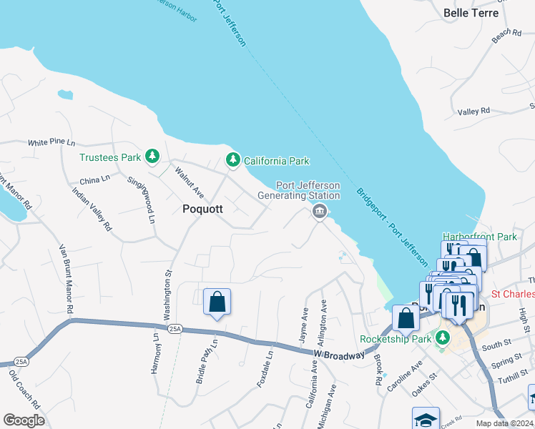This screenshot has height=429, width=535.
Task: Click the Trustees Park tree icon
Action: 152,157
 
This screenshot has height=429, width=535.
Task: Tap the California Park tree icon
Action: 232,160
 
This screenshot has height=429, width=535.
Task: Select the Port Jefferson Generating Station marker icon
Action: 319,211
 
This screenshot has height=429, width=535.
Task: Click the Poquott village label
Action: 202,209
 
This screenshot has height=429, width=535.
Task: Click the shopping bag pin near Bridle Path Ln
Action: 217,302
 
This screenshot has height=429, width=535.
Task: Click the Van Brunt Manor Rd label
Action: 67,280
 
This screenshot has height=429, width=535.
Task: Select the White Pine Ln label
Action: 51,143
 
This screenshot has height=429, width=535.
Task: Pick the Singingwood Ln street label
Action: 140,198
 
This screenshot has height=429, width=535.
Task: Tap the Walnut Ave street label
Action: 190,182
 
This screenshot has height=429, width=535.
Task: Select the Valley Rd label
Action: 473,112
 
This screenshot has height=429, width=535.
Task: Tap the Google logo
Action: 24,420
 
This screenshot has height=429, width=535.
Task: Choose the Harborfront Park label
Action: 479,236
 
